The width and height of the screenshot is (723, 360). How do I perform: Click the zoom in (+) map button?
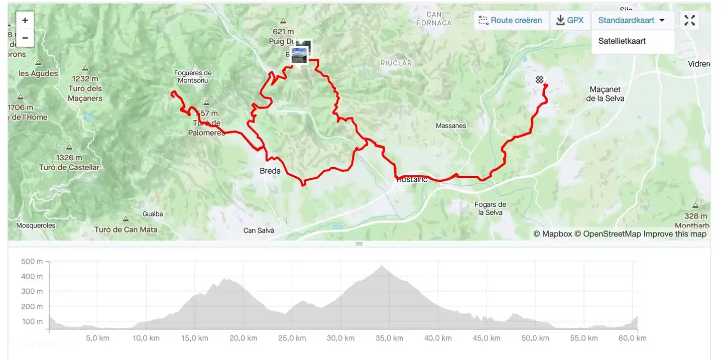(25, 21)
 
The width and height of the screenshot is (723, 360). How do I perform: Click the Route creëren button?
(511, 21)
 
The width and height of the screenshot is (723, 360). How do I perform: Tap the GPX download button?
(570, 21)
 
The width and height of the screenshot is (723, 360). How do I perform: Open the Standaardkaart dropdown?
(632, 21)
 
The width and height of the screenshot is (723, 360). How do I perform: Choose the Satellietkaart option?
(622, 41)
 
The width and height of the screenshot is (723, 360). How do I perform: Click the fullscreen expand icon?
(689, 21)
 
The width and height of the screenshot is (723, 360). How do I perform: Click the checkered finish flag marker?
(539, 80)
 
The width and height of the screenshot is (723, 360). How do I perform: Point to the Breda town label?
(270, 171)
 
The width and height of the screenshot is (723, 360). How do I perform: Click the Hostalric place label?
(412, 179)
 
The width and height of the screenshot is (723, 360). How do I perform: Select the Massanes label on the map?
(451, 126)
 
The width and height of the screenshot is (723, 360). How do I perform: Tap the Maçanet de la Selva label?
(605, 94)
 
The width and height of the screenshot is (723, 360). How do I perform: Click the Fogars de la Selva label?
(491, 208)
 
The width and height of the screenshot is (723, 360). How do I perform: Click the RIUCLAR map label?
(396, 63)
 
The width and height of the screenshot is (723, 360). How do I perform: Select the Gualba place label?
(153, 214)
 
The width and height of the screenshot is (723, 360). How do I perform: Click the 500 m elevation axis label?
(32, 261)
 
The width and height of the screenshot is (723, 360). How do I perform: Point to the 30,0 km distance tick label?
(341, 338)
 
